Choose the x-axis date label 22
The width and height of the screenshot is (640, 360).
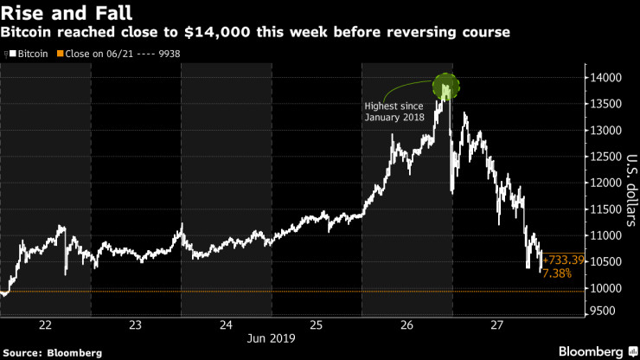tap(46, 325)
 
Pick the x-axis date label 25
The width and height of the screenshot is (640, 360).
tap(316, 325)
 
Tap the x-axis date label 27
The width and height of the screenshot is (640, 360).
tap(496, 325)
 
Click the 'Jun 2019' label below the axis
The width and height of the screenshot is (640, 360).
tap(271, 339)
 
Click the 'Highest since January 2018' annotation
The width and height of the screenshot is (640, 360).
tap(394, 111)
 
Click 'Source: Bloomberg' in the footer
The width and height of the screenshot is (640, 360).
tap(52, 353)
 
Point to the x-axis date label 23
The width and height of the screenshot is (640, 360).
tap(136, 325)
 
